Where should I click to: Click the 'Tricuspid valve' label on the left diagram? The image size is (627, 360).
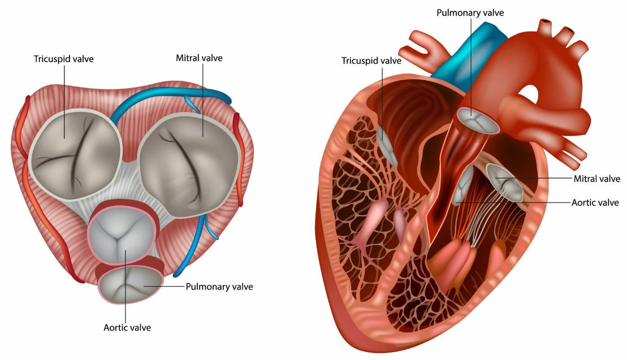coord(63,59)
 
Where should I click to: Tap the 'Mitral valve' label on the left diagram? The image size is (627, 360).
coord(199,58)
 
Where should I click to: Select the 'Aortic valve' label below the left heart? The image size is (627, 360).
coord(127,328)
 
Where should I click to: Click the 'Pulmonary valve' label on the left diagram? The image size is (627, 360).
coord(219,286)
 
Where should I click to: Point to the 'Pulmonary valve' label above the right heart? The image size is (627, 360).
coord(470,13)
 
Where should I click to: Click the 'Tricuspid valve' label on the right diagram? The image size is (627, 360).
coord(371,60)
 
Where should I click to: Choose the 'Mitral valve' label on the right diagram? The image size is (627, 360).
coord(596,178)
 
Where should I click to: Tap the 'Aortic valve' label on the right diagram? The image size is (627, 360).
coord(595,202)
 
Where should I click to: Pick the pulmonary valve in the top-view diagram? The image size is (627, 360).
coord(131,284)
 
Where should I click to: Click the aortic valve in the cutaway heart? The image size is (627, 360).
coord(463,185)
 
